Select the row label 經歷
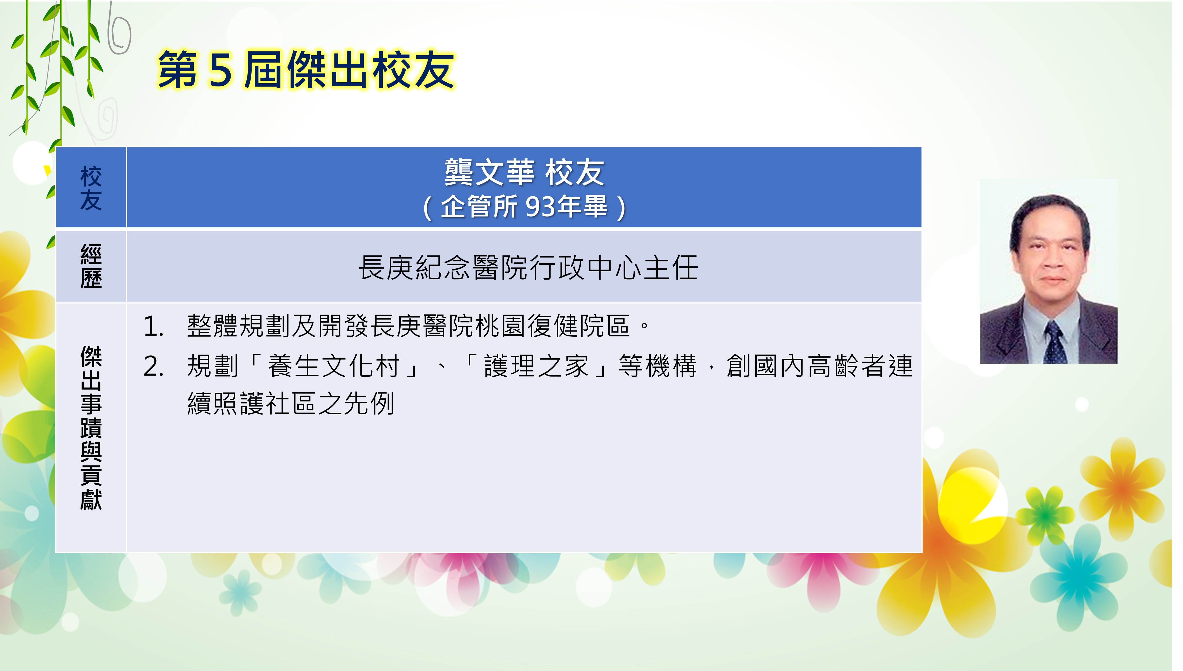(91, 266)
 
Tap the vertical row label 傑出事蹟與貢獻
(91, 428)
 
